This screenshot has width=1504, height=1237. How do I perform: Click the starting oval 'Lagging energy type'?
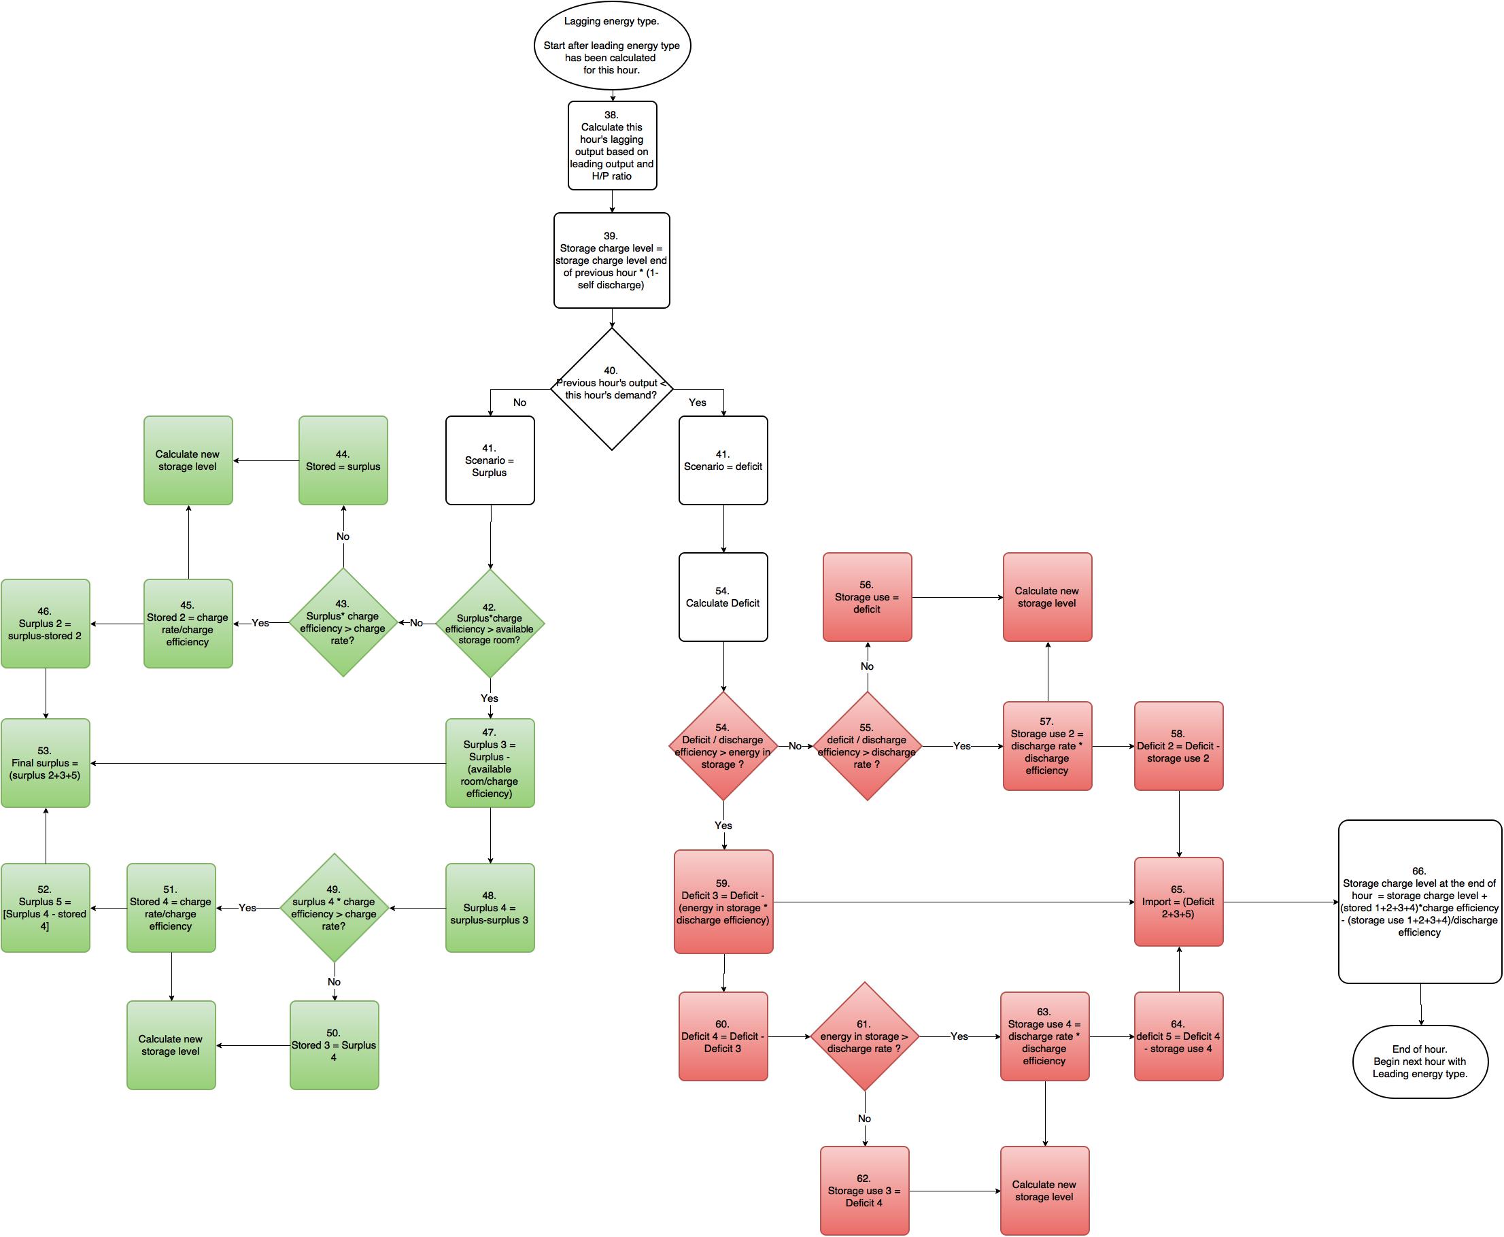point(612,46)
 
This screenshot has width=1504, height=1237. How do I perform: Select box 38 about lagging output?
point(612,146)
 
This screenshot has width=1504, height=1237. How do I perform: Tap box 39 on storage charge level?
point(611,260)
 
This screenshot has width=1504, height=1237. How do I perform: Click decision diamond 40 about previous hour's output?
point(611,389)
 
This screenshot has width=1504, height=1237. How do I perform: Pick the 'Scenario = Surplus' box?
point(490,460)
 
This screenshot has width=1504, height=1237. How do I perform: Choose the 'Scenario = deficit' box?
point(723,460)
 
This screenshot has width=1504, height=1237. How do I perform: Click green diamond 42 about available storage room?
point(490,624)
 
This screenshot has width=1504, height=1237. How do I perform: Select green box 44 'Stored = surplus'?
point(343,460)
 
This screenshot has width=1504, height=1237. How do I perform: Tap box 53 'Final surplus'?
point(46,762)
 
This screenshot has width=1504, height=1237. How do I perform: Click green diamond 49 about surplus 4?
point(334,908)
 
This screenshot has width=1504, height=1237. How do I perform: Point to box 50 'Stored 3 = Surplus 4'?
point(334,1045)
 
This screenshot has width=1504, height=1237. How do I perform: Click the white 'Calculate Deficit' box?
point(723,597)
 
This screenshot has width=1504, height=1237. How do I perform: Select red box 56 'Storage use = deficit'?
point(867,597)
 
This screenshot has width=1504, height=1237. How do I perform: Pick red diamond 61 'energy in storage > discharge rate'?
point(864,1036)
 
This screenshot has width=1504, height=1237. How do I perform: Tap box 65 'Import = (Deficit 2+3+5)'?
point(1178,901)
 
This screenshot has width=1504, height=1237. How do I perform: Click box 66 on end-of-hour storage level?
point(1420,901)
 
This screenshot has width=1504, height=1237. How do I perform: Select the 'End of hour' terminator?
point(1420,1061)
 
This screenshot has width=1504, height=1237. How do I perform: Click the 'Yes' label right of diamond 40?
point(698,403)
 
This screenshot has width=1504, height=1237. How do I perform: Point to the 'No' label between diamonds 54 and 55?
point(795,746)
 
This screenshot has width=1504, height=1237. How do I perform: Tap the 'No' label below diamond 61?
point(864,1119)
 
